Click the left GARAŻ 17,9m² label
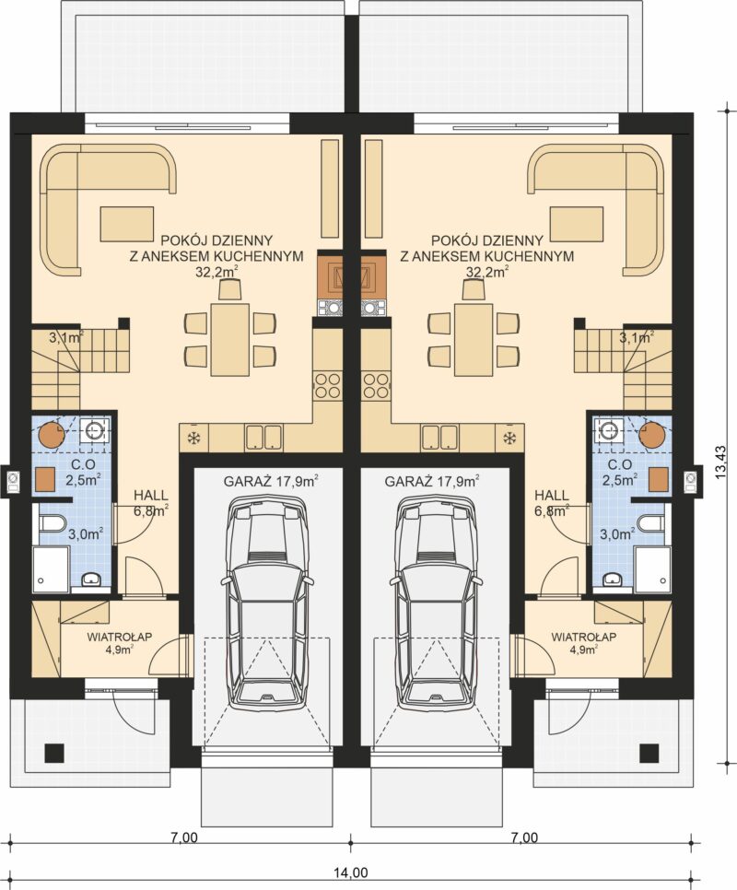[x=271, y=482]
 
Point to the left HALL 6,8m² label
[x=151, y=503]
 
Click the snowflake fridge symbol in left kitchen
[x=193, y=438]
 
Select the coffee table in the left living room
[x=127, y=223]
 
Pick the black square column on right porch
[x=648, y=754]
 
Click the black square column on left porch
[x=55, y=754]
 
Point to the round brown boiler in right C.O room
[x=652, y=434]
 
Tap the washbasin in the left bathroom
[x=91, y=580]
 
